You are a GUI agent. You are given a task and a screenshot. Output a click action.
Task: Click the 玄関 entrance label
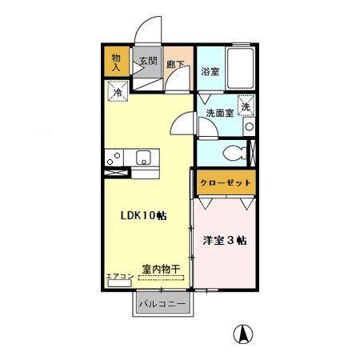coord(147,61)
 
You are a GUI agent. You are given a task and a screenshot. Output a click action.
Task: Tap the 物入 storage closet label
coord(116,62)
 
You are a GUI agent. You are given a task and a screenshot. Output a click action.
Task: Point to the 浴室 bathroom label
coord(210,70)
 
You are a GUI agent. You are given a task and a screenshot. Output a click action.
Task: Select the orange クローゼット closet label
coord(225,182)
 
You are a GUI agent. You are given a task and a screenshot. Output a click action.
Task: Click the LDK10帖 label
coord(144,215)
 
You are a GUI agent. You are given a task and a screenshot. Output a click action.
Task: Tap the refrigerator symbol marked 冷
coord(117,93)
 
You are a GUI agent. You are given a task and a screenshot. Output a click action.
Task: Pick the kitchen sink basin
coord(144,156)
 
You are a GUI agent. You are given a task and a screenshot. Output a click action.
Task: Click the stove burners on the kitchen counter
coord(113,157)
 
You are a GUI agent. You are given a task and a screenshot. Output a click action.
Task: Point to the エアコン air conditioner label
coord(119,277)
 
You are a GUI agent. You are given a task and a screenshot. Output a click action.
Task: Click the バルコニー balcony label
coord(162,304)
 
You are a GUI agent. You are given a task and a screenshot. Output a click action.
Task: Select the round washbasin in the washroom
coord(250,126)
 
